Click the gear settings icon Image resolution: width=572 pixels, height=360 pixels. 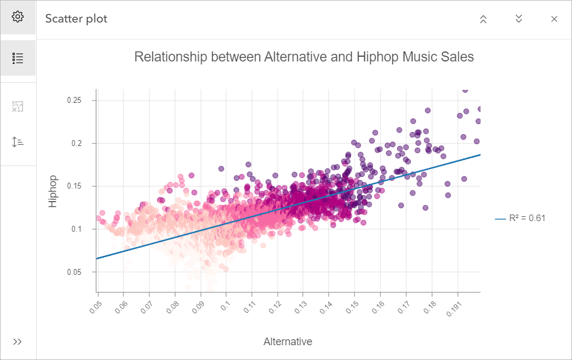click(x=18, y=17)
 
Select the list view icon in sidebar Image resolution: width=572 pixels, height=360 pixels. click(x=18, y=58)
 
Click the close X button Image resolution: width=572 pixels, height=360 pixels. click(x=554, y=19)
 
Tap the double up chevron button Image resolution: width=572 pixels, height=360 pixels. click(x=483, y=19)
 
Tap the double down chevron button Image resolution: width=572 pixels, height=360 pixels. click(x=519, y=19)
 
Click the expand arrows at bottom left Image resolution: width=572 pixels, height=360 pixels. click(x=18, y=342)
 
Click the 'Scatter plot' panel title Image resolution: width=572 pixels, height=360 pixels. click(x=76, y=19)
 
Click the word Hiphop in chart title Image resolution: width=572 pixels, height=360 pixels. click(x=378, y=57)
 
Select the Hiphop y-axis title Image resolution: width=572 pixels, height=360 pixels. click(x=53, y=191)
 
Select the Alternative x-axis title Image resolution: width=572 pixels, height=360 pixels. click(x=288, y=342)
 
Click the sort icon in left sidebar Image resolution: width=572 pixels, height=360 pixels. click(x=18, y=142)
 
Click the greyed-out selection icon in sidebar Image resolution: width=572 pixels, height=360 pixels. click(x=18, y=107)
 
